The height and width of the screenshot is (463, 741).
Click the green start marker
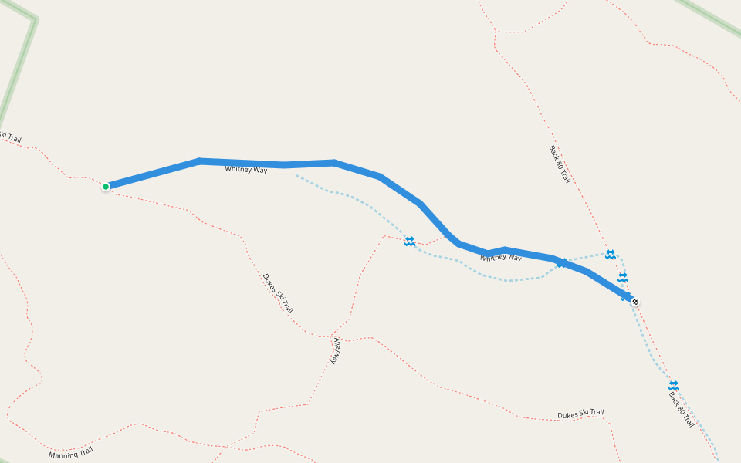point(106,186)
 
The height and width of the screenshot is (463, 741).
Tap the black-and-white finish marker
point(634,301)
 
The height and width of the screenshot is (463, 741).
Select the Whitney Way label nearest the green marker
point(245,169)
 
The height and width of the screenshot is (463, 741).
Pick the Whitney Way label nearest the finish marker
point(500,257)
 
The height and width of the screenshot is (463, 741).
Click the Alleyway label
point(337,350)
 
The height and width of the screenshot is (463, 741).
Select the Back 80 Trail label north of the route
point(560,164)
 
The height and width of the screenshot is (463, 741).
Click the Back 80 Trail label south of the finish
point(681,409)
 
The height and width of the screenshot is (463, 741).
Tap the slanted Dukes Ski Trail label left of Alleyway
point(278,292)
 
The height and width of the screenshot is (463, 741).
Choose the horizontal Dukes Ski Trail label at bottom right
point(580,414)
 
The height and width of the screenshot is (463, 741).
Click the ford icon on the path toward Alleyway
point(409,242)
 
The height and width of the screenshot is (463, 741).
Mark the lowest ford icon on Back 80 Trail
point(673,385)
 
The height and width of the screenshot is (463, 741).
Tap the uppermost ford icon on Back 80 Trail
point(611,254)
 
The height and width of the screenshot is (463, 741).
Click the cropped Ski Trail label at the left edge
point(10,137)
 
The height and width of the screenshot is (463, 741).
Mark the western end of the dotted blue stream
point(297,175)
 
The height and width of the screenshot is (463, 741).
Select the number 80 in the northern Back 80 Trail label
point(560,163)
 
